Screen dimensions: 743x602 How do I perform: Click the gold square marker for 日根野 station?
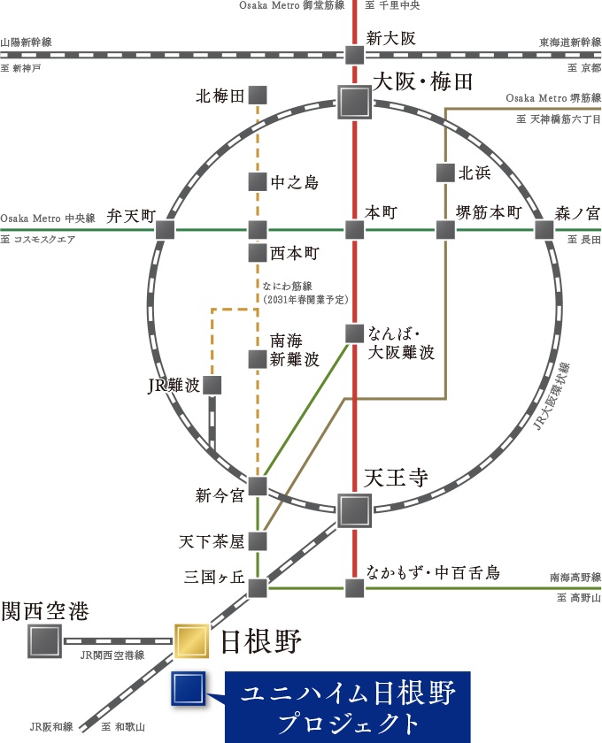coord(190,640)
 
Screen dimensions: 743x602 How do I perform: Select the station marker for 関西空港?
coord(43,640)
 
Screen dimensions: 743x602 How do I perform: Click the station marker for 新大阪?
coord(354,55)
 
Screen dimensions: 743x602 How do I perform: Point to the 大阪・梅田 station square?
coord(355,102)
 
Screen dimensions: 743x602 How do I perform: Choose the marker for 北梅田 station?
coord(258,95)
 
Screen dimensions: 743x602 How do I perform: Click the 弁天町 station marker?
coord(165,230)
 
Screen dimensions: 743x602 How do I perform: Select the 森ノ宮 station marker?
coord(544,230)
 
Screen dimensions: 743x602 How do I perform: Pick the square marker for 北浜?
coord(445,173)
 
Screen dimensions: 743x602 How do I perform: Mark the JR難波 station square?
coord(212,385)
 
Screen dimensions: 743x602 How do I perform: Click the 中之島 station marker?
coord(257,182)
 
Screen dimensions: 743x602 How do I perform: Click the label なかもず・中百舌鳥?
coord(433,572)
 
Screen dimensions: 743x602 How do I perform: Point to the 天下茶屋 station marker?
coord(258,540)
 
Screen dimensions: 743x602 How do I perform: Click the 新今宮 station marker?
coord(258,485)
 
